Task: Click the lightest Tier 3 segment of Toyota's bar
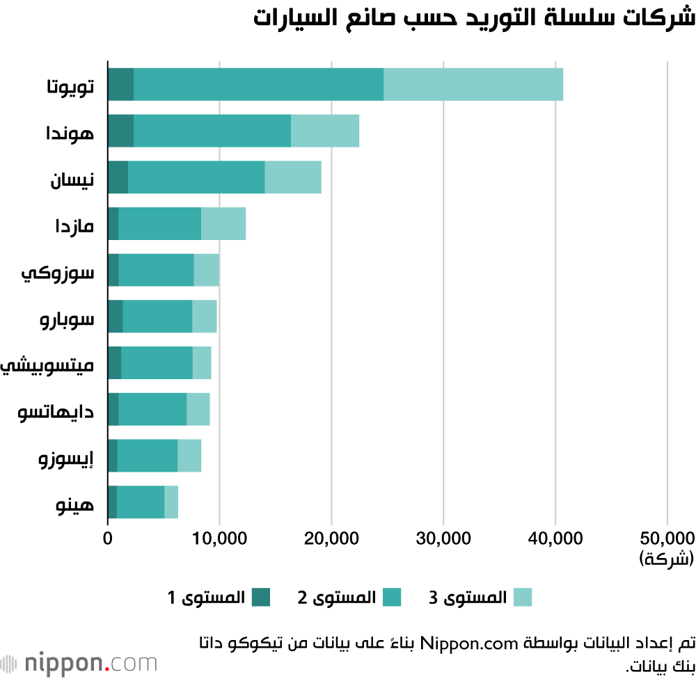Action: tap(473, 84)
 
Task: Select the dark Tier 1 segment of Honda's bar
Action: tap(120, 131)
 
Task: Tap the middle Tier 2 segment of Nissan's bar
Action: tap(196, 177)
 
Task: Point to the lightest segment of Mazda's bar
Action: tap(223, 223)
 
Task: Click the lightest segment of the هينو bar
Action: tap(171, 502)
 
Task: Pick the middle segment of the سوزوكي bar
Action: tap(156, 270)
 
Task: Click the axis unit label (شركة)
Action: tap(666, 558)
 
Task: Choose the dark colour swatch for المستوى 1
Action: tap(261, 597)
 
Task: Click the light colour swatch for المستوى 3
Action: tap(523, 597)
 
